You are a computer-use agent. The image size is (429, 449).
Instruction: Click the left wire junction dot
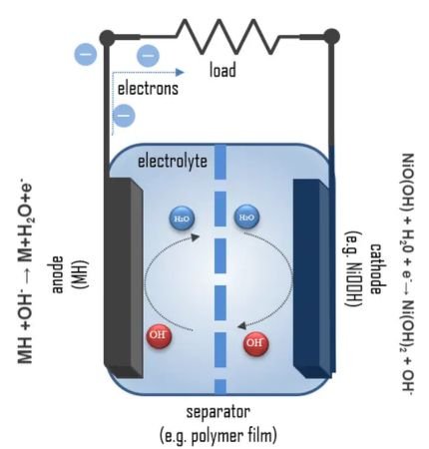click(x=107, y=37)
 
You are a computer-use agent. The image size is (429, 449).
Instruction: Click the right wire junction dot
click(x=331, y=37)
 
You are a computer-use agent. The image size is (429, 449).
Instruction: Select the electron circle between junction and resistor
click(x=147, y=55)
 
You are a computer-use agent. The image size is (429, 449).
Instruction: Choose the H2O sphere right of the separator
click(x=245, y=218)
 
